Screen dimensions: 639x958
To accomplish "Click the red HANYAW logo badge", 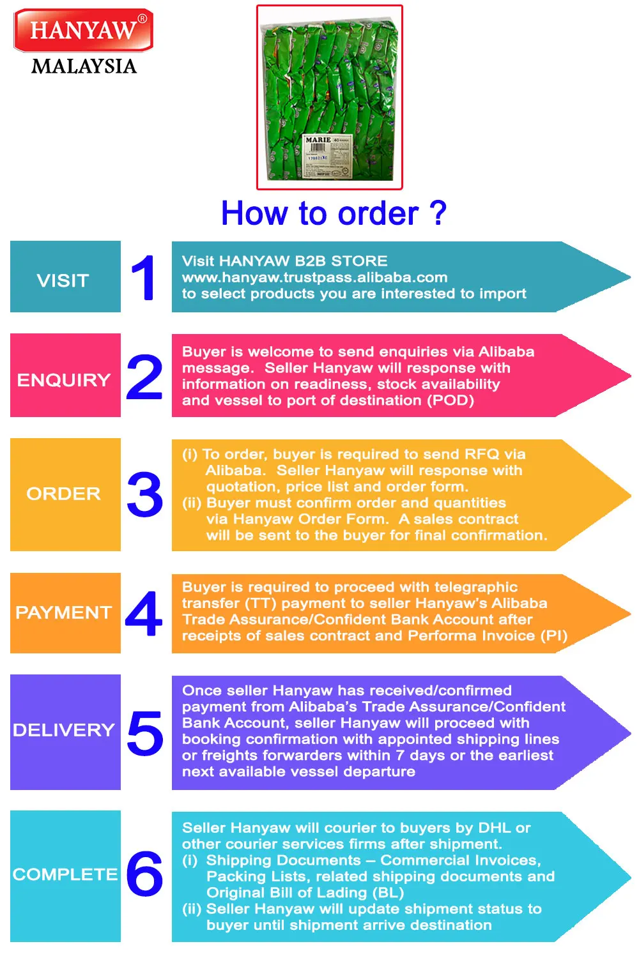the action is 83,30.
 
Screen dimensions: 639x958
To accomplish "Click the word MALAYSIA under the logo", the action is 84,66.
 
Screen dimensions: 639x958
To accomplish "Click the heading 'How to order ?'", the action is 334,213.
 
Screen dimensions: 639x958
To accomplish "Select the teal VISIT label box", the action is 65,277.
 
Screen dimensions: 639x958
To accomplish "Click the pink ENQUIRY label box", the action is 65,376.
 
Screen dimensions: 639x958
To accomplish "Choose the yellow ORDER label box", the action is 65,494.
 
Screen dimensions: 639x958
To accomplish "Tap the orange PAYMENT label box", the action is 65,613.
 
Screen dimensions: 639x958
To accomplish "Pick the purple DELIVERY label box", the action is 65,732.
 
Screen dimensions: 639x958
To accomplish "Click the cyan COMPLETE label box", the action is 65,876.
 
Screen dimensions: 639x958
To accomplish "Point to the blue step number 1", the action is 144,277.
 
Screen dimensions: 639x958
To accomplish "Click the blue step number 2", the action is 144,377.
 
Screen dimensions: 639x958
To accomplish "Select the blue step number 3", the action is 145,495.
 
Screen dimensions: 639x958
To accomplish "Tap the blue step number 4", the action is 144,614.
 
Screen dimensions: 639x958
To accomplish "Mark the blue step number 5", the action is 145,733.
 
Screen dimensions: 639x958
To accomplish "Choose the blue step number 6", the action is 144,874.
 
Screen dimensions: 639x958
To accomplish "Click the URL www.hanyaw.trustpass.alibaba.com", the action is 314,277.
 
